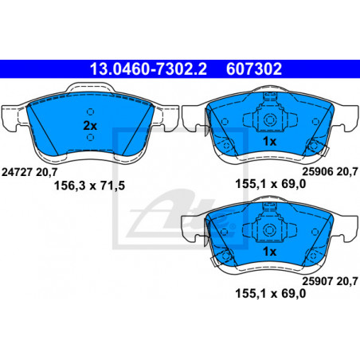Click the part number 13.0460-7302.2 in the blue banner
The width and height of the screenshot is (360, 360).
click(148, 69)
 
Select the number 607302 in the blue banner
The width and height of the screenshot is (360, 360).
click(254, 69)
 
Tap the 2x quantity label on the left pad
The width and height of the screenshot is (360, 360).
click(90, 126)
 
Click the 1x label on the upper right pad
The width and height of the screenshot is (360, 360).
click(269, 141)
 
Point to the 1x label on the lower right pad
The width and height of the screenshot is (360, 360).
click(269, 252)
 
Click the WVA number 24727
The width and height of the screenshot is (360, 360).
click(18, 172)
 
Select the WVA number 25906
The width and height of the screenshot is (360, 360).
click(318, 172)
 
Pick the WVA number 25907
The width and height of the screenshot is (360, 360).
click(318, 281)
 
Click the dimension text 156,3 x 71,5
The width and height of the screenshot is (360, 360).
click(89, 186)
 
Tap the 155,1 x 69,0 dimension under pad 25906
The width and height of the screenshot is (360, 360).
click(271, 184)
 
